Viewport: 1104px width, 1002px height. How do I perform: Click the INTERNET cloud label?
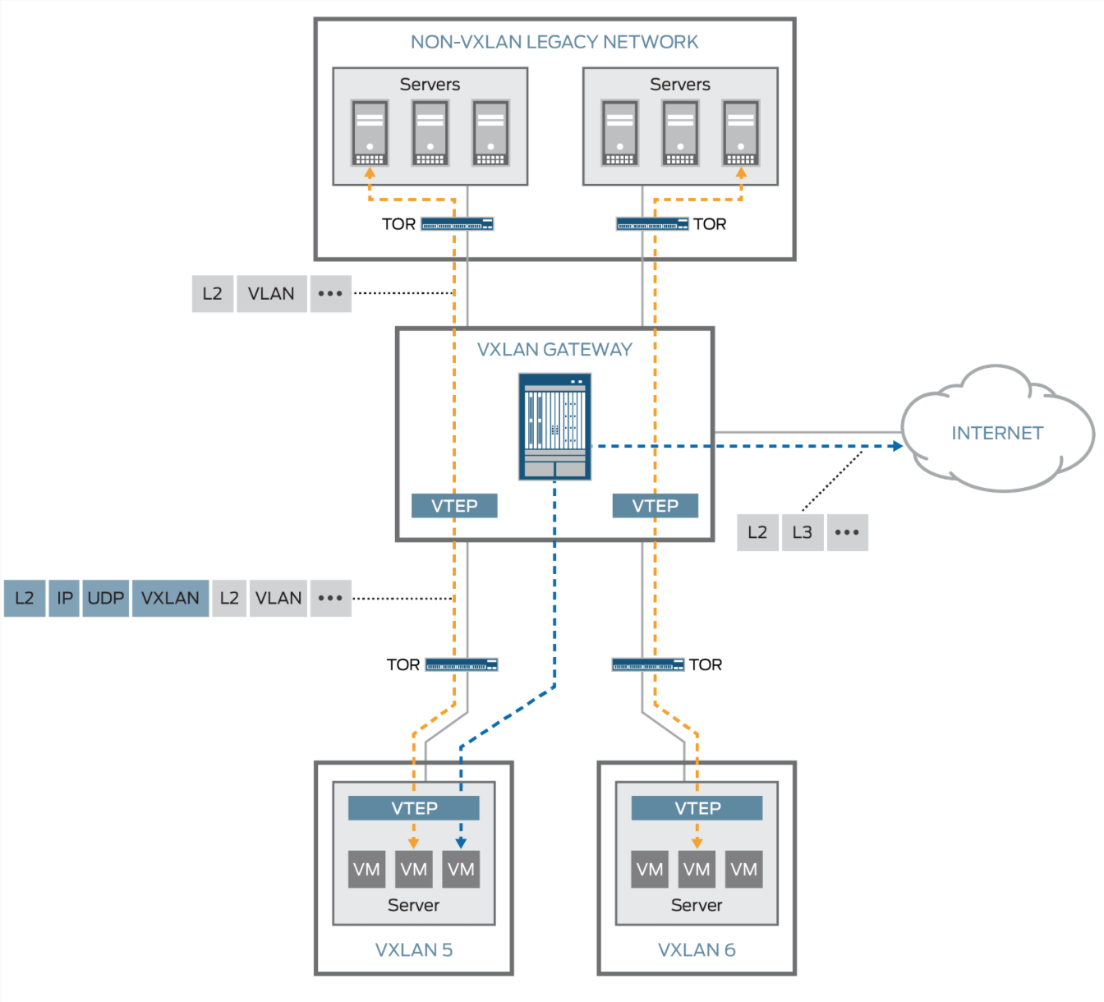coord(996,433)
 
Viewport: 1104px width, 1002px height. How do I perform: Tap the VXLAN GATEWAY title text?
coord(554,349)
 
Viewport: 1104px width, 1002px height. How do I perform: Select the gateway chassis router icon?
coord(554,426)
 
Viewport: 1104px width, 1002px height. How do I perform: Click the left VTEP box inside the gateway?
coord(454,506)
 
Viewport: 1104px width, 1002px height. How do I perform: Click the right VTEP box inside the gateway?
coord(655,506)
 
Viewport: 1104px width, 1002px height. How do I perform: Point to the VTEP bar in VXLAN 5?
coord(414,808)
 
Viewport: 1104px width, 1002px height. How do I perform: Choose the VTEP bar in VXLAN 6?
coord(697,808)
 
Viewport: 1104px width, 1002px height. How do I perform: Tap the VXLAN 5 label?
coord(414,949)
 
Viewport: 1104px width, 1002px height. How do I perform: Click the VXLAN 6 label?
coord(697,949)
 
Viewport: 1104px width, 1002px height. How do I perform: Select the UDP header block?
coord(105,598)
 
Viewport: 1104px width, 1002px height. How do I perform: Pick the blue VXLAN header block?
coord(170,598)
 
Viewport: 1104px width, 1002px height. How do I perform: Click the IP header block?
coord(64,598)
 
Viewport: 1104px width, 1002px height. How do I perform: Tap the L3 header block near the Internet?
coord(802,532)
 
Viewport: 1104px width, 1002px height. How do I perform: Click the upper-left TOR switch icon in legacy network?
coord(457,224)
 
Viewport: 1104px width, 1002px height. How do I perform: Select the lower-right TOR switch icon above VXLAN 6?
coord(648,664)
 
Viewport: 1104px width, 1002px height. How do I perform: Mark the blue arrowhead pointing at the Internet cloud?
coord(898,446)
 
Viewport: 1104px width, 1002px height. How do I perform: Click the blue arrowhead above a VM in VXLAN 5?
coord(461,843)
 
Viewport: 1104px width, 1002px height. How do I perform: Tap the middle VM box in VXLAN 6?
coord(697,870)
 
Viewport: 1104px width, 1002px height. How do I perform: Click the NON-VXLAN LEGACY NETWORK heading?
coord(554,42)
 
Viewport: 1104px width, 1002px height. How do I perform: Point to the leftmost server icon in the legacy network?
coord(370,133)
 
